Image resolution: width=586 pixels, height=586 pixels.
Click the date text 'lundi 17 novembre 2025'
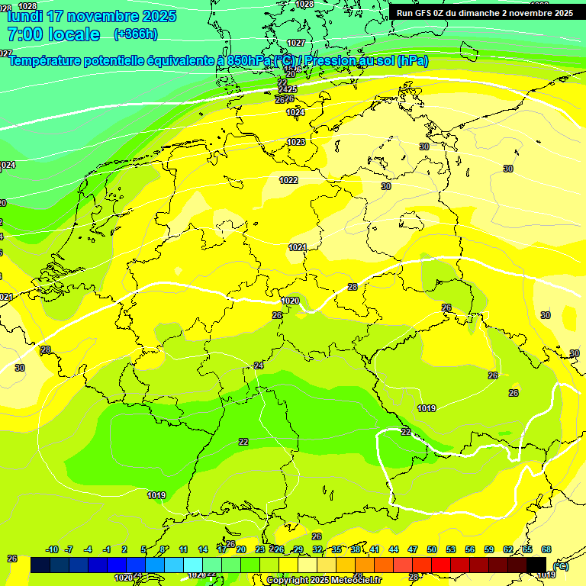tap(92, 16)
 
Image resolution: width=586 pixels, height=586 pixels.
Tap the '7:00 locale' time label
tap(53, 34)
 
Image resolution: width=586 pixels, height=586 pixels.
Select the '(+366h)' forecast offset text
tap(136, 34)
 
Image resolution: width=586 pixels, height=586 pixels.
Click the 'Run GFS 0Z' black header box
tap(485, 13)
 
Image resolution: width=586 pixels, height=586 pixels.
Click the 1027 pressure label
tap(296, 43)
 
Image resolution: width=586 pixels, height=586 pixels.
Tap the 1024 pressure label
tap(295, 112)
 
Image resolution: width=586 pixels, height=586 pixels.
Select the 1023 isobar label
tap(296, 142)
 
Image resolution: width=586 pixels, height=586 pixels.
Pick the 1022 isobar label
tap(288, 180)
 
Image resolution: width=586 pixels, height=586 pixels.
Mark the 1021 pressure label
tap(298, 247)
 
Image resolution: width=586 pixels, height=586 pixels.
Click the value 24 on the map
tap(259, 365)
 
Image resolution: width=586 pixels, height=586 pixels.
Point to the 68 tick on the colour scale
tap(546, 549)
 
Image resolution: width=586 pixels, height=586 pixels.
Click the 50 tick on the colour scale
tap(432, 549)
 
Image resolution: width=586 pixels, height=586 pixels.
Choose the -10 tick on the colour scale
tap(53, 549)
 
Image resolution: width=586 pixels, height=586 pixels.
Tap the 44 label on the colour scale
tap(394, 549)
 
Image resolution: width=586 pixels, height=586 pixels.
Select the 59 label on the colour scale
tap(489, 549)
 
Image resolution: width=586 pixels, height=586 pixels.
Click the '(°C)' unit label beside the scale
tap(560, 565)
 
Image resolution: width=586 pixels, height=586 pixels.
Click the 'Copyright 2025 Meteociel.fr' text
tap(324, 581)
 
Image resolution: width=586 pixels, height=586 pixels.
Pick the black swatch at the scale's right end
tap(537, 565)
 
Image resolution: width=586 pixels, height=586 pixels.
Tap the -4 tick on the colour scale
tap(88, 549)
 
